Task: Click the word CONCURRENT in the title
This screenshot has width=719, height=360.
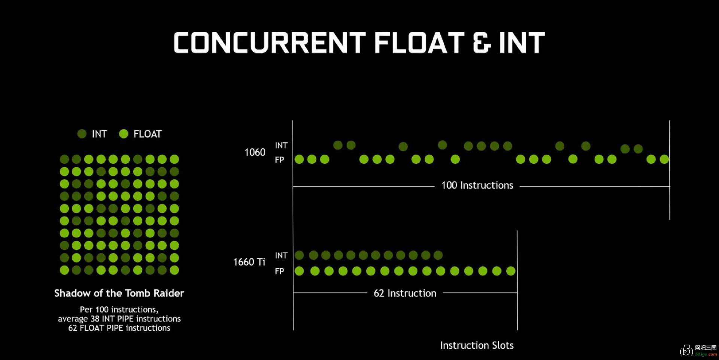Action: pos(270,42)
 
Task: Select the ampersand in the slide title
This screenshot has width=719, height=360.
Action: pos(482,42)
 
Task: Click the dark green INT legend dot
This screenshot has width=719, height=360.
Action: pos(82,134)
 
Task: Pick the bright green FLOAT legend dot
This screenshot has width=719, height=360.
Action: pos(124,134)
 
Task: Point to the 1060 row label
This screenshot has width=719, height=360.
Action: pos(255,152)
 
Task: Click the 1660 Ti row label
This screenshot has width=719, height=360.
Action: pos(249,262)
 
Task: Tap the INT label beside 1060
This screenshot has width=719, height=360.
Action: pos(281,145)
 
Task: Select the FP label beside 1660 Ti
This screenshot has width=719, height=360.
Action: pos(279,271)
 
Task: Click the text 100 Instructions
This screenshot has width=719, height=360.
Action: pos(477,185)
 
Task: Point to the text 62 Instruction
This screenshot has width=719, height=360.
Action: pos(405,293)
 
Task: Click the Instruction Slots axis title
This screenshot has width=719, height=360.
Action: pos(477,345)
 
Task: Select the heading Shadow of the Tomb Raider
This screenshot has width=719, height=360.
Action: pos(119,293)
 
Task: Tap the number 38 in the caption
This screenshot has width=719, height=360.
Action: pos(95,319)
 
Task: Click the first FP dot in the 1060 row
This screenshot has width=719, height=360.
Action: pos(299,159)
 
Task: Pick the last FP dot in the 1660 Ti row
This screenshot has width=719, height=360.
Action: pos(511,271)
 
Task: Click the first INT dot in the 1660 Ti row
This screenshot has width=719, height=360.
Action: pos(299,255)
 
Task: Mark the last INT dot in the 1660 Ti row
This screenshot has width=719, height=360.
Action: pos(438,255)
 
